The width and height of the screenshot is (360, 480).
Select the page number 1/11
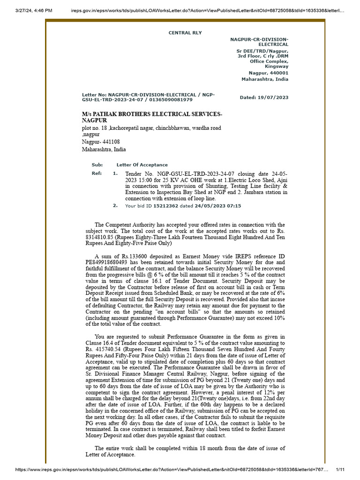pyautogui.click(x=340, y=469)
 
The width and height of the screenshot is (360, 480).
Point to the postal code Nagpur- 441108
pyautogui.click(x=101, y=142)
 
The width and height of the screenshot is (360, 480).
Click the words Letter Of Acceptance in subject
pyautogui.click(x=142, y=165)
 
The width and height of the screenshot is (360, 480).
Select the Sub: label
pyautogui.click(x=97, y=165)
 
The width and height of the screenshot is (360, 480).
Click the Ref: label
pyautogui.click(x=97, y=173)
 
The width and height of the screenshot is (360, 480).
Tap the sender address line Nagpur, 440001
pyautogui.click(x=268, y=73)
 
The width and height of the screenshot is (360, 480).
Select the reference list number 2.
pyautogui.click(x=115, y=206)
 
